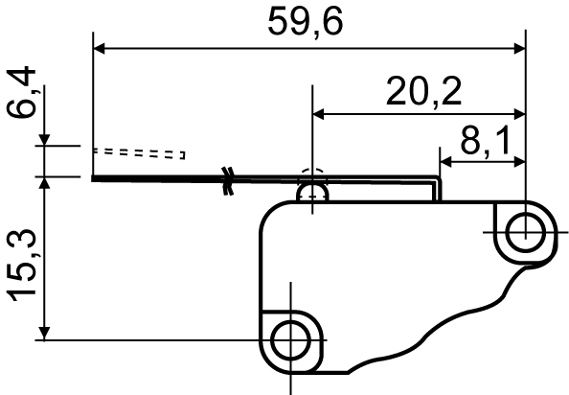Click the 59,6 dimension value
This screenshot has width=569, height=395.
[x=306, y=22]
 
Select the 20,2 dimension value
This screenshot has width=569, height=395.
[x=423, y=91]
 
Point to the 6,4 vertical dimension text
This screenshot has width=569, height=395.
[x=21, y=92]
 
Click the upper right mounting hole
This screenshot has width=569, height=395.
[x=526, y=233]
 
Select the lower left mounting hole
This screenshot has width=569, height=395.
[x=290, y=340]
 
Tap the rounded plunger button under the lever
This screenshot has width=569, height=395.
[x=312, y=192]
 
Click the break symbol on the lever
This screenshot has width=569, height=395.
[x=228, y=181]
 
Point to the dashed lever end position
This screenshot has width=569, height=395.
[x=139, y=153]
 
